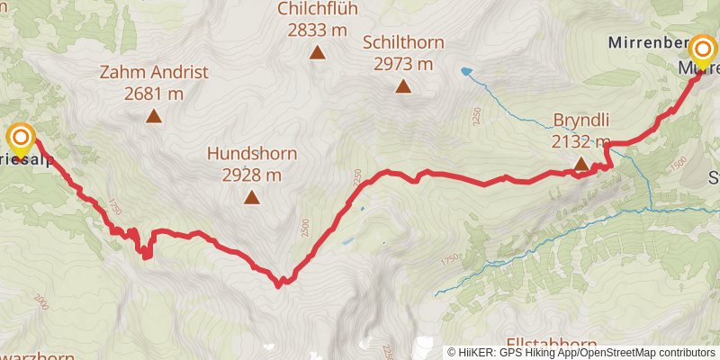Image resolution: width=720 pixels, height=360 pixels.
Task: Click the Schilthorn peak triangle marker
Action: tap(403, 86)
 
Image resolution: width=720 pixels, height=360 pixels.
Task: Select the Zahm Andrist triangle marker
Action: tap(154, 115)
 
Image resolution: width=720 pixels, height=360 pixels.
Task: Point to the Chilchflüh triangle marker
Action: tap(317, 53)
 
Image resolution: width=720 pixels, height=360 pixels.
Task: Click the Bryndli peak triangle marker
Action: tap(581, 164)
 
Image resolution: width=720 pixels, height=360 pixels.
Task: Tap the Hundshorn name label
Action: tap(252, 153)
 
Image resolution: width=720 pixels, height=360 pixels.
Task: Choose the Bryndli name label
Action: tap(581, 119)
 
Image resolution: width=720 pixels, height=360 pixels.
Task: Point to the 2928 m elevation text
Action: tap(252, 175)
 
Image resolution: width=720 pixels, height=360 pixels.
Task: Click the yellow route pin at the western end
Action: tap(20, 139)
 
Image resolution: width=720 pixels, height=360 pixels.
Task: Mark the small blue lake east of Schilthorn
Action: tap(465, 70)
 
